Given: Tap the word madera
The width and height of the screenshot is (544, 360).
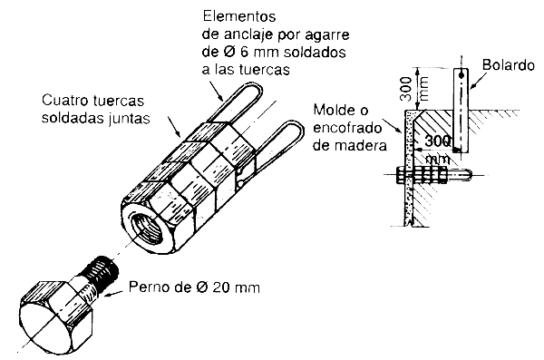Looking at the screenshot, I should click(x=363, y=143).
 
